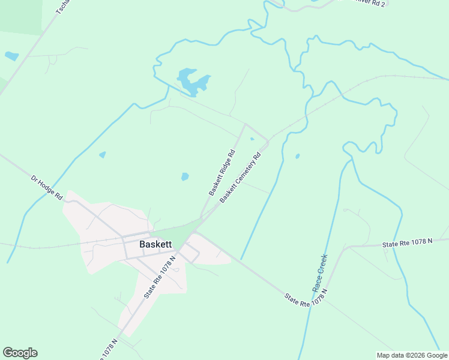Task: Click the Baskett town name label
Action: pyautogui.click(x=155, y=244)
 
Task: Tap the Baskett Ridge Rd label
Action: pyautogui.click(x=221, y=173)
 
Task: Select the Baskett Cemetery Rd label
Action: pyautogui.click(x=240, y=178)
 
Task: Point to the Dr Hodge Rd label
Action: pyautogui.click(x=47, y=187)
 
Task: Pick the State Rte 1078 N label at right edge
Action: pyautogui.click(x=407, y=242)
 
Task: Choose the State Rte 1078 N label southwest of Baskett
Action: pyautogui.click(x=159, y=277)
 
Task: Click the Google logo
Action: pyautogui.click(x=20, y=353)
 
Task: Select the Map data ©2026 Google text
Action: pyautogui.click(x=412, y=355)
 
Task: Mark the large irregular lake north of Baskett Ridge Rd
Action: pyautogui.click(x=192, y=82)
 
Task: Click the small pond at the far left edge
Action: pyautogui.click(x=11, y=56)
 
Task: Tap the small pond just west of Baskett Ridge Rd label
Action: pyautogui.click(x=185, y=176)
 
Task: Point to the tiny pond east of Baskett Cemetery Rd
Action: pyautogui.click(x=297, y=157)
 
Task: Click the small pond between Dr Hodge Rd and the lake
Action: pyautogui.click(x=102, y=155)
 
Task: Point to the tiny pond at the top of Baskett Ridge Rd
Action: pyautogui.click(x=252, y=139)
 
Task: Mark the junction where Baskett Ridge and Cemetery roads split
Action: pyautogui.click(x=202, y=217)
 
